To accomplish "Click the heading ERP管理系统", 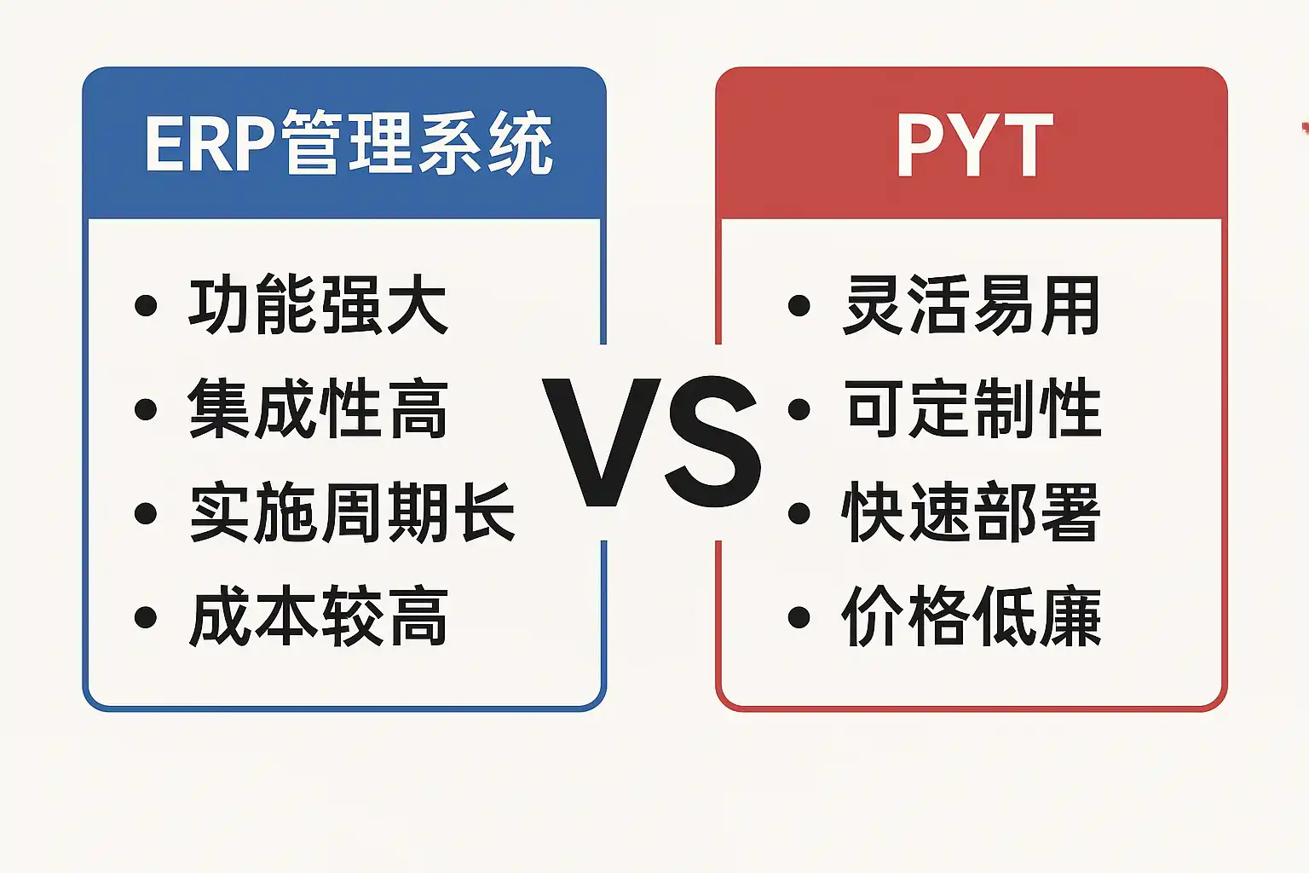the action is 349,142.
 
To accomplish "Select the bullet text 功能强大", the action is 318,304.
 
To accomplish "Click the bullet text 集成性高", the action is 318,408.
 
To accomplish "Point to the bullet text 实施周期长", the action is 352,512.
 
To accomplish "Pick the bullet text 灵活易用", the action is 972,304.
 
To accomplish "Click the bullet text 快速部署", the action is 972,512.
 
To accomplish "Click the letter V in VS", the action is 602,442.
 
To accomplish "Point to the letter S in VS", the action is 713,442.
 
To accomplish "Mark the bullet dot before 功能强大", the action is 146,305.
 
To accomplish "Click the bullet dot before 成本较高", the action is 146,617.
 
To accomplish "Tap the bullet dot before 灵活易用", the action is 799,305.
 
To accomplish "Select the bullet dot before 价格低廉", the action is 799,617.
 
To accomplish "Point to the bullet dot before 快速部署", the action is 799,513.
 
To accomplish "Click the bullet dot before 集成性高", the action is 146,409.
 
